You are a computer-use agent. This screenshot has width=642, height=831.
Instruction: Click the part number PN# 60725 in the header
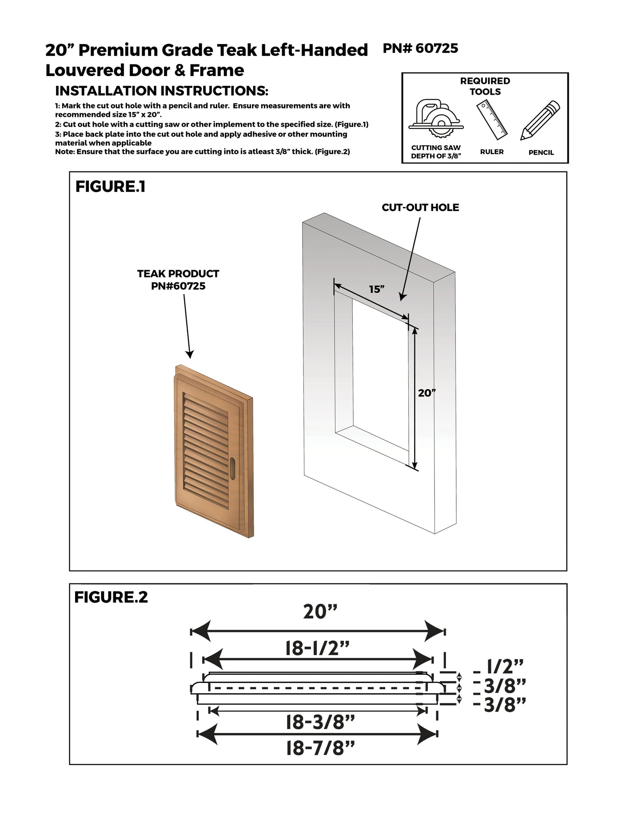click(420, 48)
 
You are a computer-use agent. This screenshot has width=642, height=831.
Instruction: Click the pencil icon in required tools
click(540, 120)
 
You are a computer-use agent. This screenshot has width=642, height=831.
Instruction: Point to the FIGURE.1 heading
click(110, 187)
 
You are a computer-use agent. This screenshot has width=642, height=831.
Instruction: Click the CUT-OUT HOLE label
click(420, 208)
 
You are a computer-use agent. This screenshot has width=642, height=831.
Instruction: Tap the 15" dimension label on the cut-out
click(376, 289)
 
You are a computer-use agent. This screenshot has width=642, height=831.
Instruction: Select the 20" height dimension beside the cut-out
click(427, 393)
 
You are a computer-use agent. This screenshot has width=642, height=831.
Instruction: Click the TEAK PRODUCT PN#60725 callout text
click(178, 280)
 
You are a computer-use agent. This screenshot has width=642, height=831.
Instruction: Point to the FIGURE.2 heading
click(111, 597)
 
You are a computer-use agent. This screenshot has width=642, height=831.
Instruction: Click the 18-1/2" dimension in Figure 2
click(317, 649)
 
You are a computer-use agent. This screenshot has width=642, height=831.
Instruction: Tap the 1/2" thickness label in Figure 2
click(505, 667)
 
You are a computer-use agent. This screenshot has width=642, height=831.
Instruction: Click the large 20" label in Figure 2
click(320, 612)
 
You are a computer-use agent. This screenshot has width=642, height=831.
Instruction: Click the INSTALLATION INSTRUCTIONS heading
click(161, 91)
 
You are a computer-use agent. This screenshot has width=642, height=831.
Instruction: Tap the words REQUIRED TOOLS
click(485, 86)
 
